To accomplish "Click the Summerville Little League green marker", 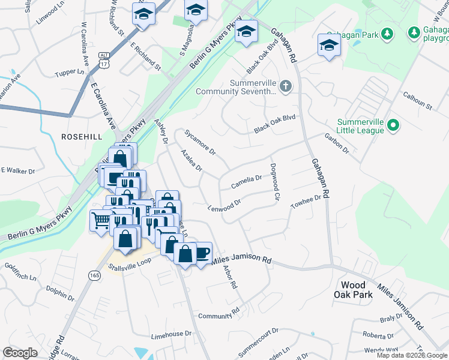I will pyautogui.click(x=393, y=125).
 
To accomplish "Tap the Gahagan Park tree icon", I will pyautogui.click(x=388, y=34).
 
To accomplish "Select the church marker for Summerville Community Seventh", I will pyautogui.click(x=286, y=87).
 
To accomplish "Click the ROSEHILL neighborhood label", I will pyautogui.click(x=83, y=137).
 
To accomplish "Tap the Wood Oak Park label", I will pyautogui.click(x=357, y=289).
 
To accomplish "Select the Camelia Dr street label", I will pyautogui.click(x=246, y=179).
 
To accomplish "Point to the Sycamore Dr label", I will pyautogui.click(x=200, y=142).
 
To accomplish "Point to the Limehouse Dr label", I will pyautogui.click(x=171, y=333).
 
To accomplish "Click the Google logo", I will pyautogui.click(x=20, y=353).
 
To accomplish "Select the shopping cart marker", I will pyautogui.click(x=100, y=220).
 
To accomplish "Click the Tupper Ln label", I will pyautogui.click(x=71, y=72).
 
